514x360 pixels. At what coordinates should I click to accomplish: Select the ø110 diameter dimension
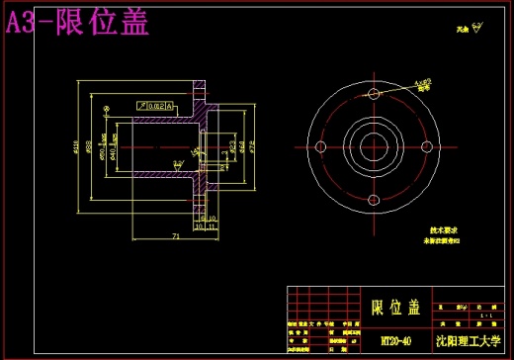point(78,149)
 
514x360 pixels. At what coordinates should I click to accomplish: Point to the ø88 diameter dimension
point(89,149)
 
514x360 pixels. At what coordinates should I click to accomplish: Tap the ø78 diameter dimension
point(252,148)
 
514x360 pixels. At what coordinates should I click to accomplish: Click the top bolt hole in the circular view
point(372,97)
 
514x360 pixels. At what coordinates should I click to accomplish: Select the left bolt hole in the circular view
point(321,148)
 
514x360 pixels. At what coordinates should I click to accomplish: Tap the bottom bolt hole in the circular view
point(372,199)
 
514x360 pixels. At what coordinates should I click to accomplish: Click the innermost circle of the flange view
point(372,148)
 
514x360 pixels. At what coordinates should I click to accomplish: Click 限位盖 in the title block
point(395,306)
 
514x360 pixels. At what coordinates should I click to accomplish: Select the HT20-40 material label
point(395,339)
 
